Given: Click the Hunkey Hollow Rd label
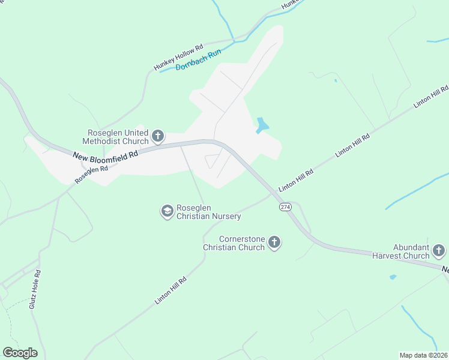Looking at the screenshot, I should click(x=179, y=57).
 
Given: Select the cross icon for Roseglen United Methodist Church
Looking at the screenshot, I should click(x=158, y=136).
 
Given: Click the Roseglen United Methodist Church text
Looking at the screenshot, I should click(x=118, y=137).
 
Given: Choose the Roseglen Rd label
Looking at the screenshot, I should click(x=91, y=175).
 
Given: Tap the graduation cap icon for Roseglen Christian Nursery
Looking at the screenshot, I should click(x=167, y=211).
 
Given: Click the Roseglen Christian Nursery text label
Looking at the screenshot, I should click(x=208, y=212).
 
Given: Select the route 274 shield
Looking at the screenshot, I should click(x=285, y=206).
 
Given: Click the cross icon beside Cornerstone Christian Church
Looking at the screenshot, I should click(x=274, y=242).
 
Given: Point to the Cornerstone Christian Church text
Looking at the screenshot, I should click(x=234, y=243).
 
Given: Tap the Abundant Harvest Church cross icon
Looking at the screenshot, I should click(x=439, y=250).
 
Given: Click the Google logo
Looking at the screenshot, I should click(x=20, y=352).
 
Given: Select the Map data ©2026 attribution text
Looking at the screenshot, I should click(x=424, y=355).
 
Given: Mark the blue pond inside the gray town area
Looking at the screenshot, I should click(x=262, y=125).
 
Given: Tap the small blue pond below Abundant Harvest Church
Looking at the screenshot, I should click(x=393, y=277).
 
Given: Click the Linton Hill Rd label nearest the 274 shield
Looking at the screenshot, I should click(x=297, y=180).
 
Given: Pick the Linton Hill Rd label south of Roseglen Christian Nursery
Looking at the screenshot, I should click(x=171, y=290).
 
